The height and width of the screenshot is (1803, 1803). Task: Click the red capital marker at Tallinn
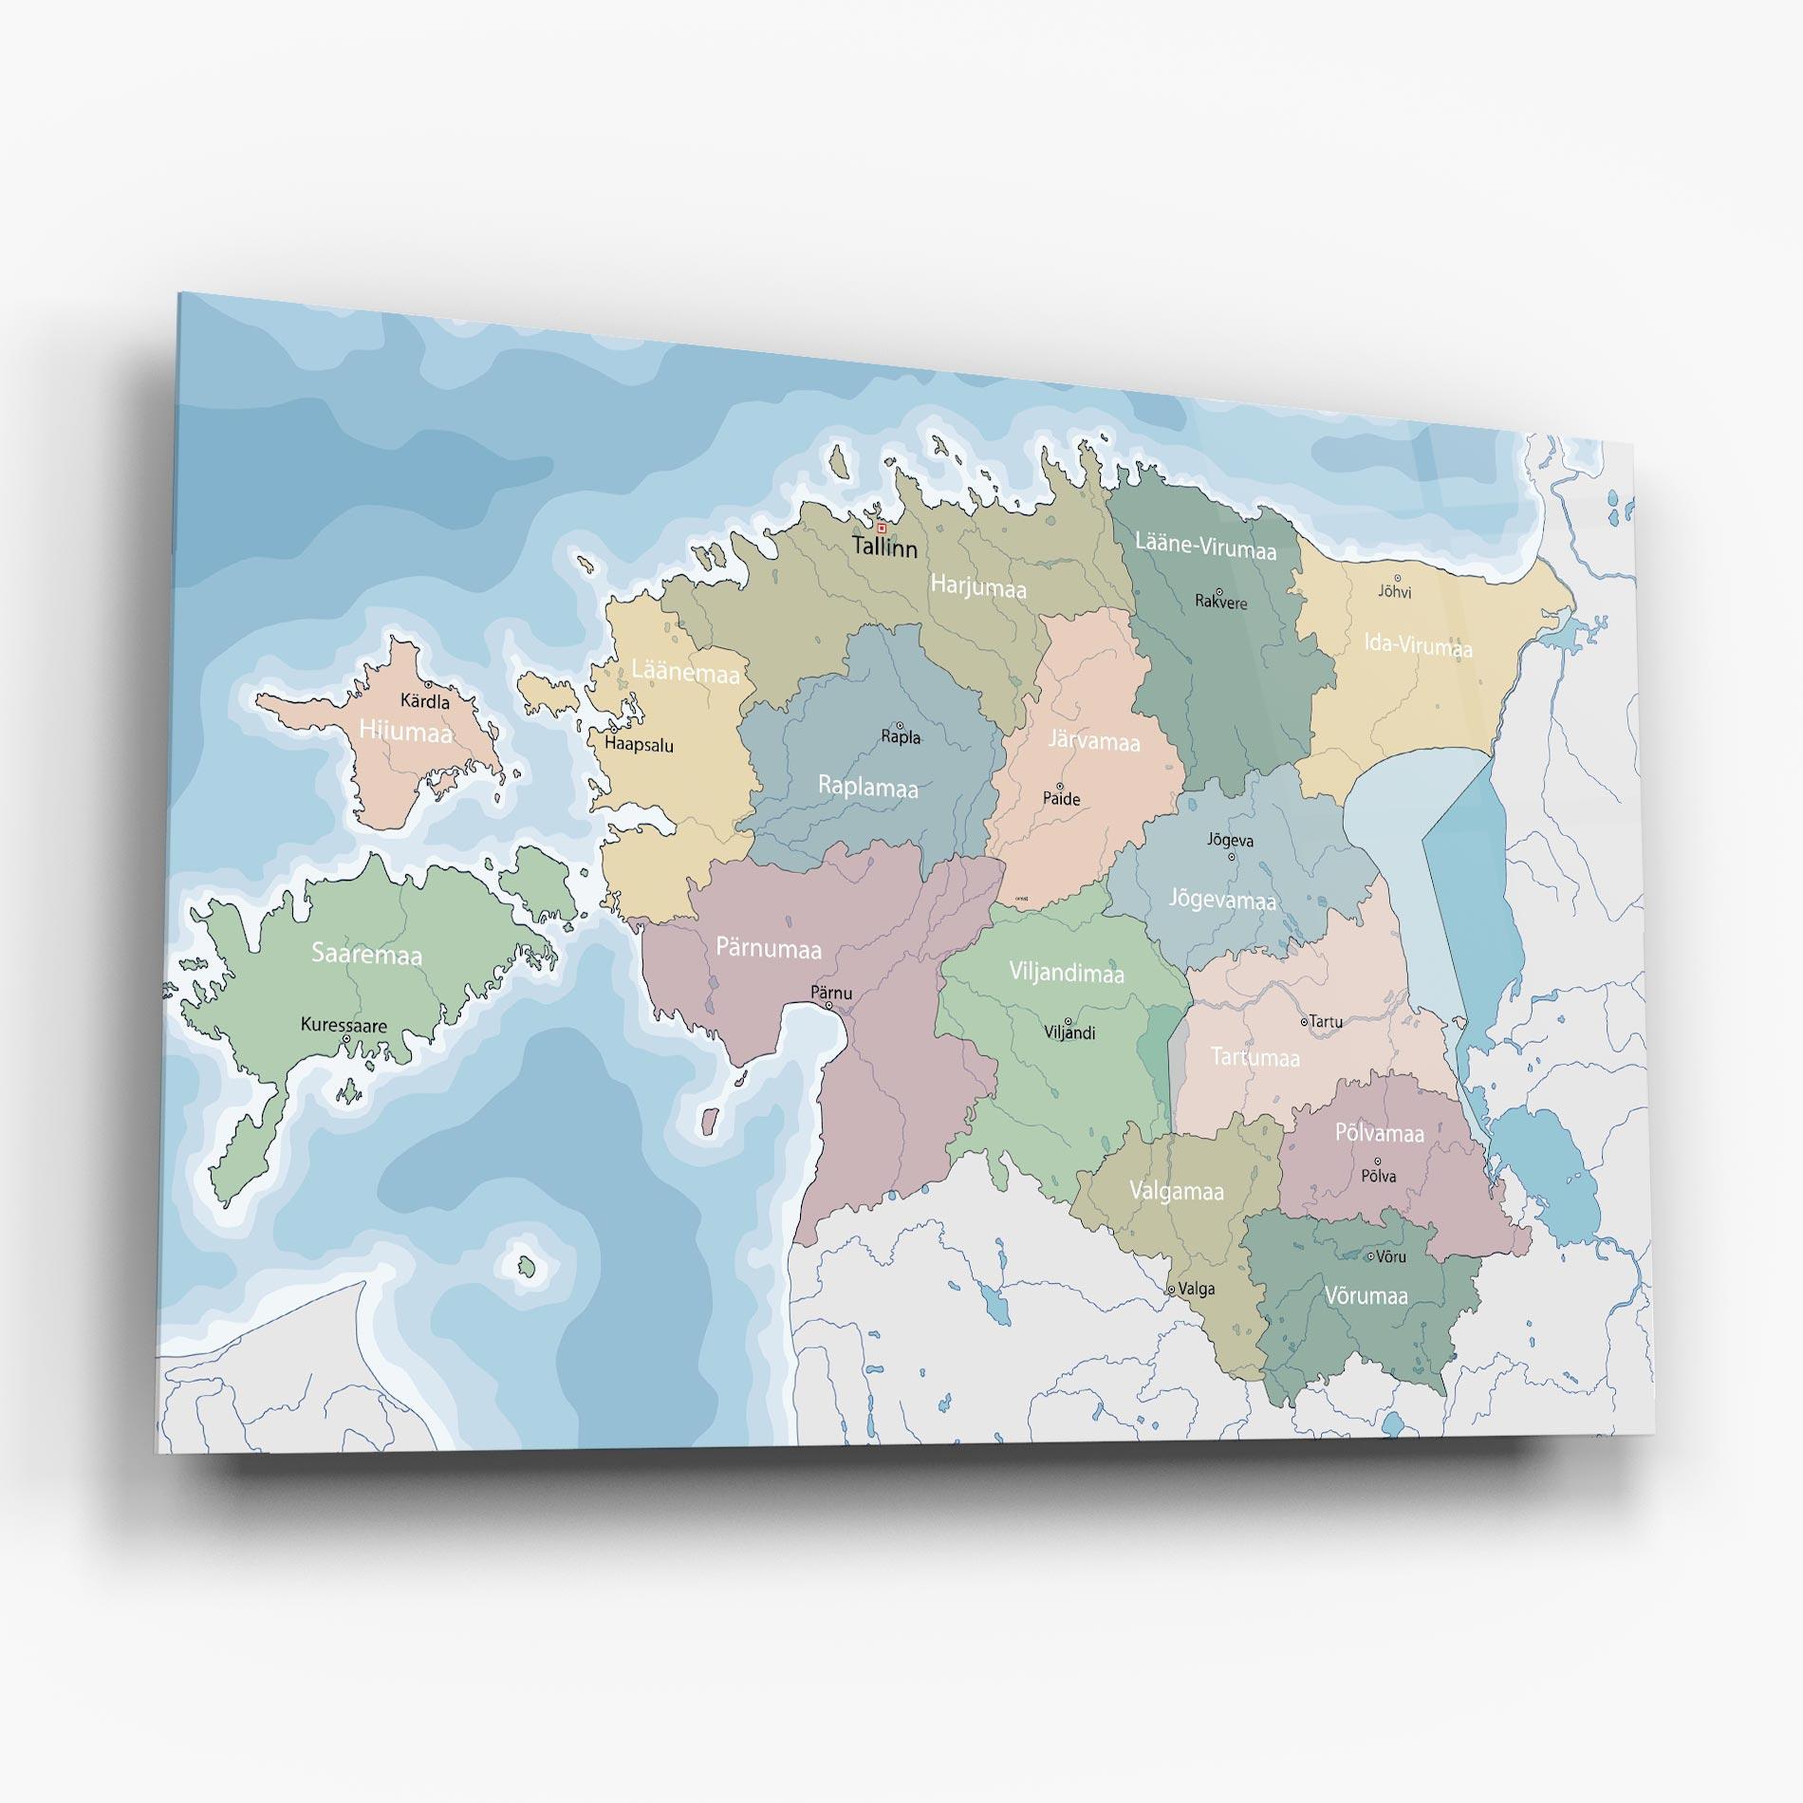882,528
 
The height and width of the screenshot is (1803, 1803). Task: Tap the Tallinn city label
884,548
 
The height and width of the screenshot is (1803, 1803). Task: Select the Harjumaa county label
978,586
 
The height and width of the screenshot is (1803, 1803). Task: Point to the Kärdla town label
425,701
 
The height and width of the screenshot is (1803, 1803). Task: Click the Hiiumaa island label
405,731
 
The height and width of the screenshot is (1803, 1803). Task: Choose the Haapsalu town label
639,745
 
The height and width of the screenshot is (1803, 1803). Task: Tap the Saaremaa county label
367,955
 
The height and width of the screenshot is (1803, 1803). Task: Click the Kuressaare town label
344,1025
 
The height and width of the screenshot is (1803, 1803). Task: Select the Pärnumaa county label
769,948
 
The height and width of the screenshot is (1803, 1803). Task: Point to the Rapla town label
901,736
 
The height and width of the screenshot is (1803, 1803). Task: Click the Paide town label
1062,799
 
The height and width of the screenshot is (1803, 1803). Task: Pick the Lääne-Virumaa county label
1206,547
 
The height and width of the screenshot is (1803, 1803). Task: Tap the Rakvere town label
1221,602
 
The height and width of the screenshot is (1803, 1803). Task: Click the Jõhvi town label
1395,592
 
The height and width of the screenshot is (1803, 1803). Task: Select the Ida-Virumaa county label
1419,645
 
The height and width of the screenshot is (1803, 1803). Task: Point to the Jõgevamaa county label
1222,898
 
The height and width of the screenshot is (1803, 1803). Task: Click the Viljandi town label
1069,1032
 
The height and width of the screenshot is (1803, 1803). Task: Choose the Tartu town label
1326,1022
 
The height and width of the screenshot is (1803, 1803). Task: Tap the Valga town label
1196,1289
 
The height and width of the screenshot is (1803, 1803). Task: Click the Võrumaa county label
1366,1296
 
